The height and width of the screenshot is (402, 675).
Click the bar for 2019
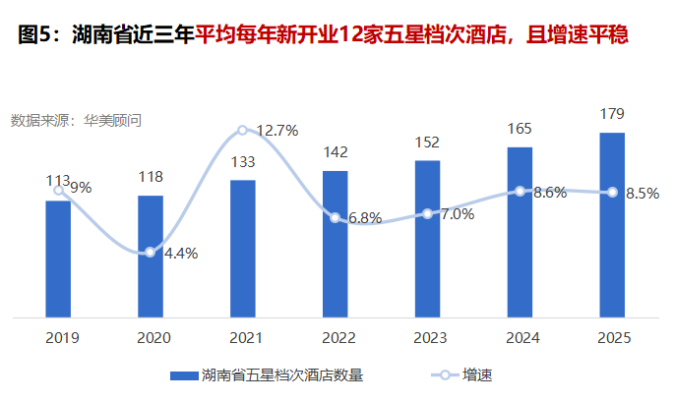point(58,259)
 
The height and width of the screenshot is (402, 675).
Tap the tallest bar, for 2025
point(613,225)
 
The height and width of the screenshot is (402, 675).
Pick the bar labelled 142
point(336,245)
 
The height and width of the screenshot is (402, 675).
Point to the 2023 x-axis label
point(428,337)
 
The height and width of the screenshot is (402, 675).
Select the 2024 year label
point(521,337)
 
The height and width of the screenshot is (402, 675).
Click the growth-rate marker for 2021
point(243,130)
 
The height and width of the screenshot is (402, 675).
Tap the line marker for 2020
point(151,253)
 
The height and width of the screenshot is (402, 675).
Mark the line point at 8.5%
point(613,193)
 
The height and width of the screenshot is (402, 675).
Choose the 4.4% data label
point(181,253)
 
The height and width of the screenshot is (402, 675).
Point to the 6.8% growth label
point(365,218)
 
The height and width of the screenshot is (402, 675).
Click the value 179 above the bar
point(612,115)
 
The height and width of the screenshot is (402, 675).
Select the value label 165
point(520,129)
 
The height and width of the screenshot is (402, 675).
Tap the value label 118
point(151,177)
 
